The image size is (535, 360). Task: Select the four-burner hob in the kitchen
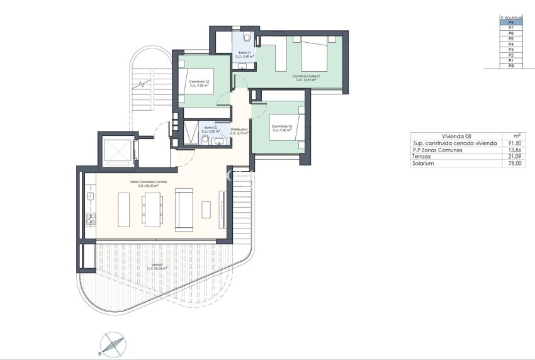coord(89,220)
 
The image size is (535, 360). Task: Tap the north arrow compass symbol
coord(112,344)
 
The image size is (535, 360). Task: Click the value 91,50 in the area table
coord(514,143)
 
